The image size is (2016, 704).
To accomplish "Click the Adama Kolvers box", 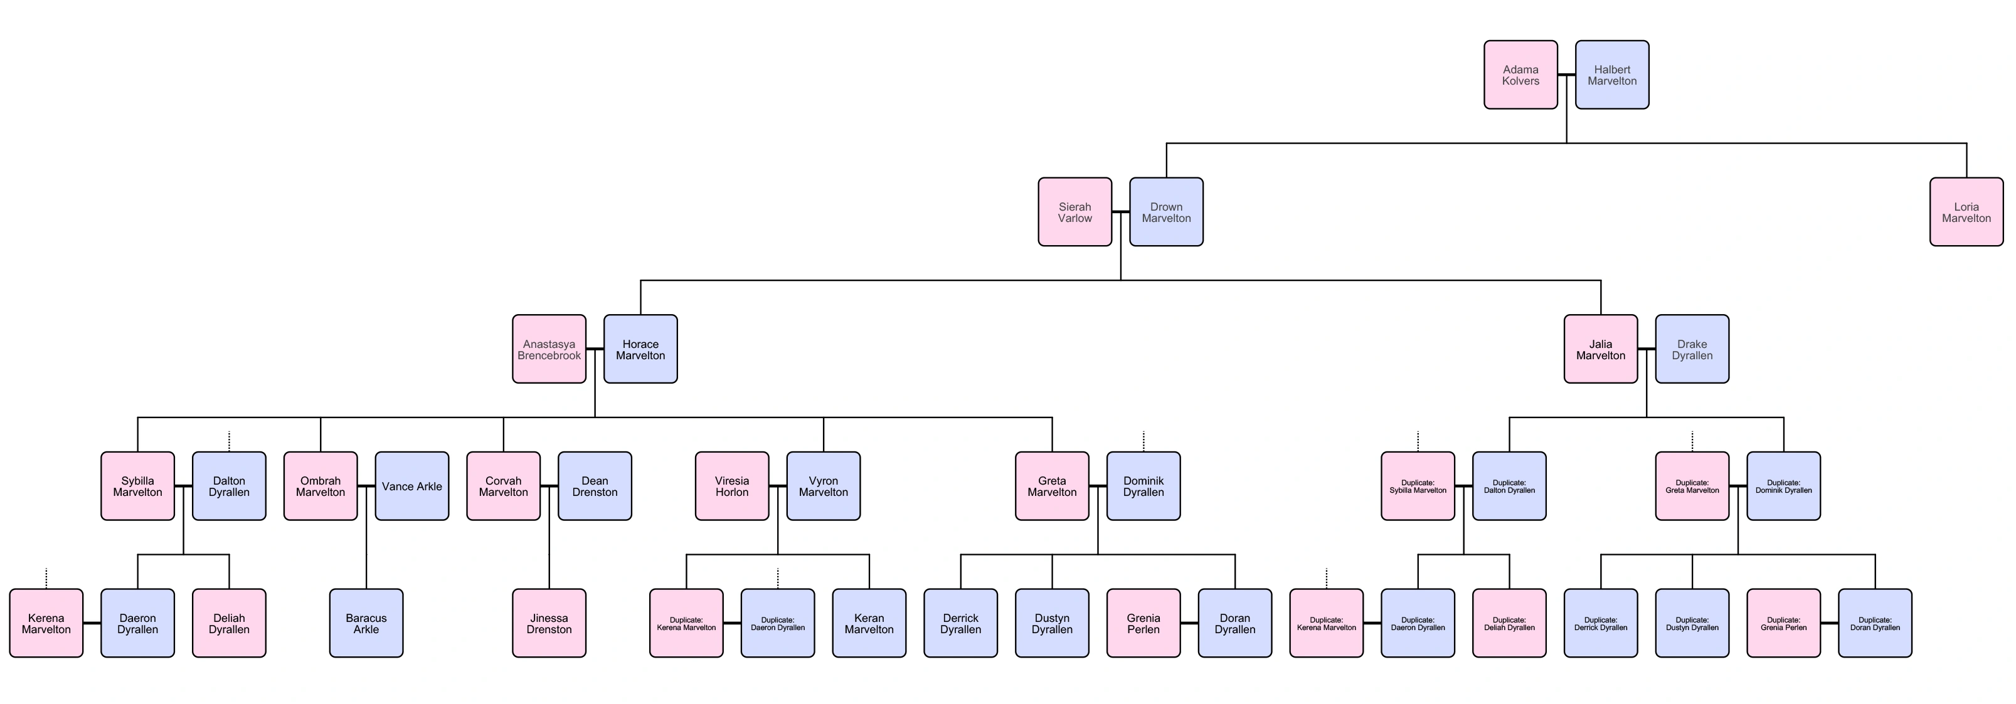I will point(1520,75).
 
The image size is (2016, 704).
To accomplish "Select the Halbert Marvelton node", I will point(1611,75).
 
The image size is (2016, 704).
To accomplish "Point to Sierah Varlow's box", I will point(1074,212).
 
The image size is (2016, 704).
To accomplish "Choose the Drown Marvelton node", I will point(1166,212).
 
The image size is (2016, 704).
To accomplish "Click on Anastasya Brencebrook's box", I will point(549,349).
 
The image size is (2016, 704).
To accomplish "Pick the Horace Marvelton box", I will point(640,349).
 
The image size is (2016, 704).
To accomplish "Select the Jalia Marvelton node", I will point(1600,349).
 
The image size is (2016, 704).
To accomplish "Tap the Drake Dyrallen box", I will point(1692,349).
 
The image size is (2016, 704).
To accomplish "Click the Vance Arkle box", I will point(411,486).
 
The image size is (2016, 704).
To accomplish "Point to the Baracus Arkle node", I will point(366,623).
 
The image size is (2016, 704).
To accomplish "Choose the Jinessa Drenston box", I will point(549,623).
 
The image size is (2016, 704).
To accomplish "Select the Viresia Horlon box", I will point(732,486).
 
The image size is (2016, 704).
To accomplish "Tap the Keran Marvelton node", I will point(869,623).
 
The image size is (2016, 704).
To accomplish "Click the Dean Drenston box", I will point(594,486).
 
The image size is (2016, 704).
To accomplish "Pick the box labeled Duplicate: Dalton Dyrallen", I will point(1509,486).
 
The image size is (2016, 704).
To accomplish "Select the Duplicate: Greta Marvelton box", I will point(1692,486).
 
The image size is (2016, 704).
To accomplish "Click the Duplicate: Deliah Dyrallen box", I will point(1509,623).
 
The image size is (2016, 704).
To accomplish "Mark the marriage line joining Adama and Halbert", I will point(1566,75).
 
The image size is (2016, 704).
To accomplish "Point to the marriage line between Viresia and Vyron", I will point(777,486).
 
